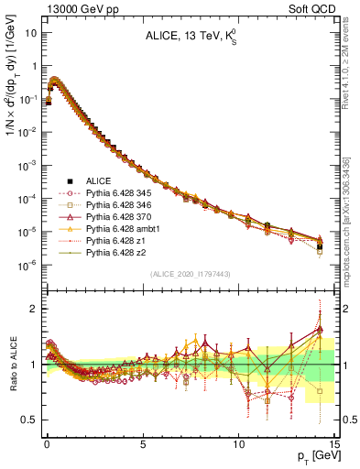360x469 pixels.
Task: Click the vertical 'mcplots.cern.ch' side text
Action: [x=344, y=247]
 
